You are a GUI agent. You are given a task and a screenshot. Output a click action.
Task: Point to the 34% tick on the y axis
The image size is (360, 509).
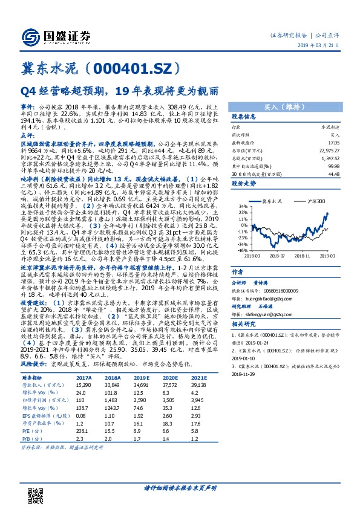(241, 207)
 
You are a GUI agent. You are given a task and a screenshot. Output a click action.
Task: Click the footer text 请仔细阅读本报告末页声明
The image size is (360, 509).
(180, 488)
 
